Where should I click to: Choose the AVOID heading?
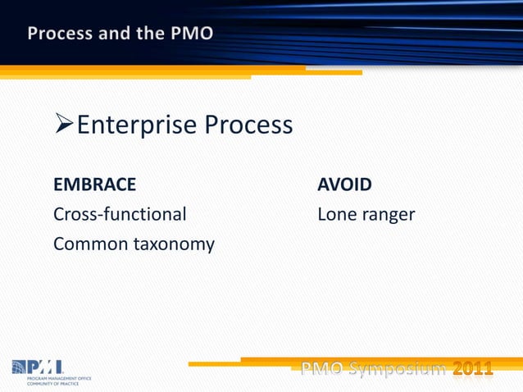click(344, 184)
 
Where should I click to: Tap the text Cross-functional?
click(120, 214)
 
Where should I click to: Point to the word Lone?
click(335, 214)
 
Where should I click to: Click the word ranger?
click(387, 216)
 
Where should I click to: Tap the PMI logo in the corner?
click(37, 366)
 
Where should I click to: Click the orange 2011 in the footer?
click(474, 369)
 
